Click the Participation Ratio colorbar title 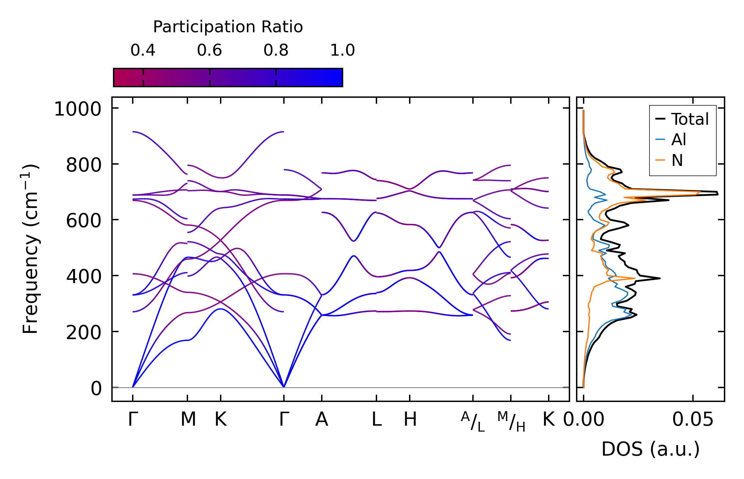click(228, 27)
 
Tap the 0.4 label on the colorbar click(143, 50)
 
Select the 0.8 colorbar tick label click(276, 50)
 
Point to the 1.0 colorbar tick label click(342, 50)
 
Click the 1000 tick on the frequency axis click(78, 109)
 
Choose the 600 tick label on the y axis click(84, 221)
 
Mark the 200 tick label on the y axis click(84, 333)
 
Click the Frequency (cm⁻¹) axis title click(30, 249)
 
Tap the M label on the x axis click(188, 420)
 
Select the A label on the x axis click(321, 420)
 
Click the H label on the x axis click(410, 420)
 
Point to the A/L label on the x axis click(473, 422)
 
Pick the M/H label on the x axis click(511, 422)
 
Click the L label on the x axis click(376, 420)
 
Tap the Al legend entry click(678, 140)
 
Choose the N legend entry click(677, 161)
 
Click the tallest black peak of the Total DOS click(717, 193)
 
